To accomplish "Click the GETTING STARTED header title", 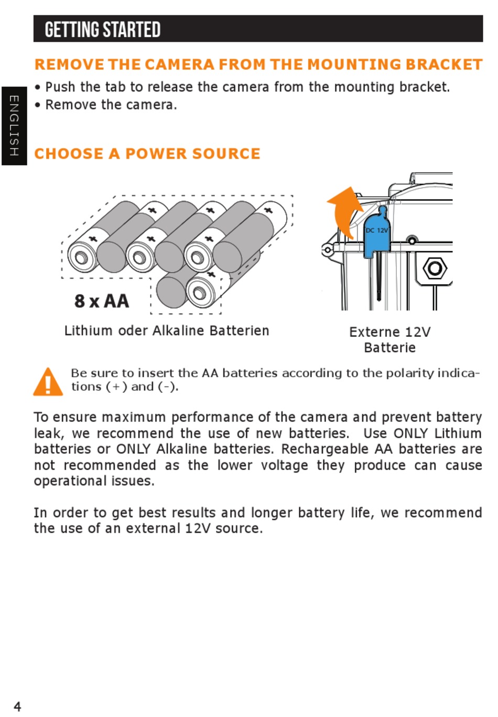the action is [102, 30].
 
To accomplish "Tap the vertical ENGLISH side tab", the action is [14, 126].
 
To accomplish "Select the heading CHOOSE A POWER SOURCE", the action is [147, 154].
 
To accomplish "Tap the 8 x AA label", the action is [102, 301].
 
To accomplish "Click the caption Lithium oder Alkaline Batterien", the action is [167, 331].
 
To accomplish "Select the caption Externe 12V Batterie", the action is [389, 339].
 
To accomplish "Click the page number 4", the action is [17, 706].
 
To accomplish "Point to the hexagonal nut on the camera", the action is [435, 269].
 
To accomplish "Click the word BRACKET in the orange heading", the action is [443, 65].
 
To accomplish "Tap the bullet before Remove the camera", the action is [38, 105].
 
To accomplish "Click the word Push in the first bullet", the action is [60, 87].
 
